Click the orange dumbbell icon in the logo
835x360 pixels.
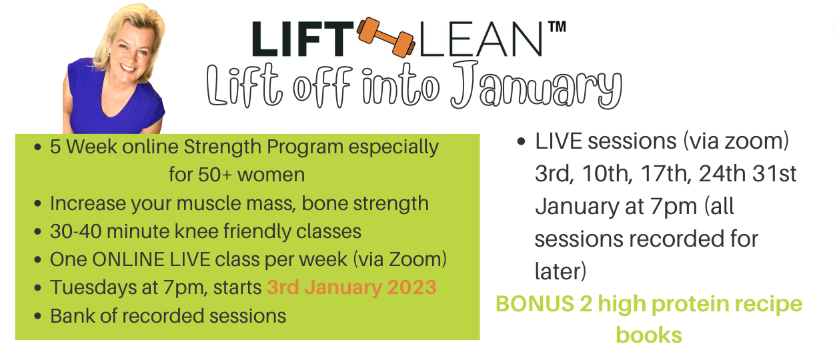(385, 37)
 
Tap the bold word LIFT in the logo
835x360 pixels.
(303, 39)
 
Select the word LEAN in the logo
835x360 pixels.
(481, 39)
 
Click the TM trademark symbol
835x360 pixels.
(557, 27)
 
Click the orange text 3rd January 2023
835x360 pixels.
(351, 287)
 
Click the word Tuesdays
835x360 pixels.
(93, 288)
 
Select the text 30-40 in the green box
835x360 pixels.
(75, 231)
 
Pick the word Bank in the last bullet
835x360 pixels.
(72, 315)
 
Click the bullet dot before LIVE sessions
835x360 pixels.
(521, 141)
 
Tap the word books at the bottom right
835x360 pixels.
(649, 335)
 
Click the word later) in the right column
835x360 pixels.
(561, 271)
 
